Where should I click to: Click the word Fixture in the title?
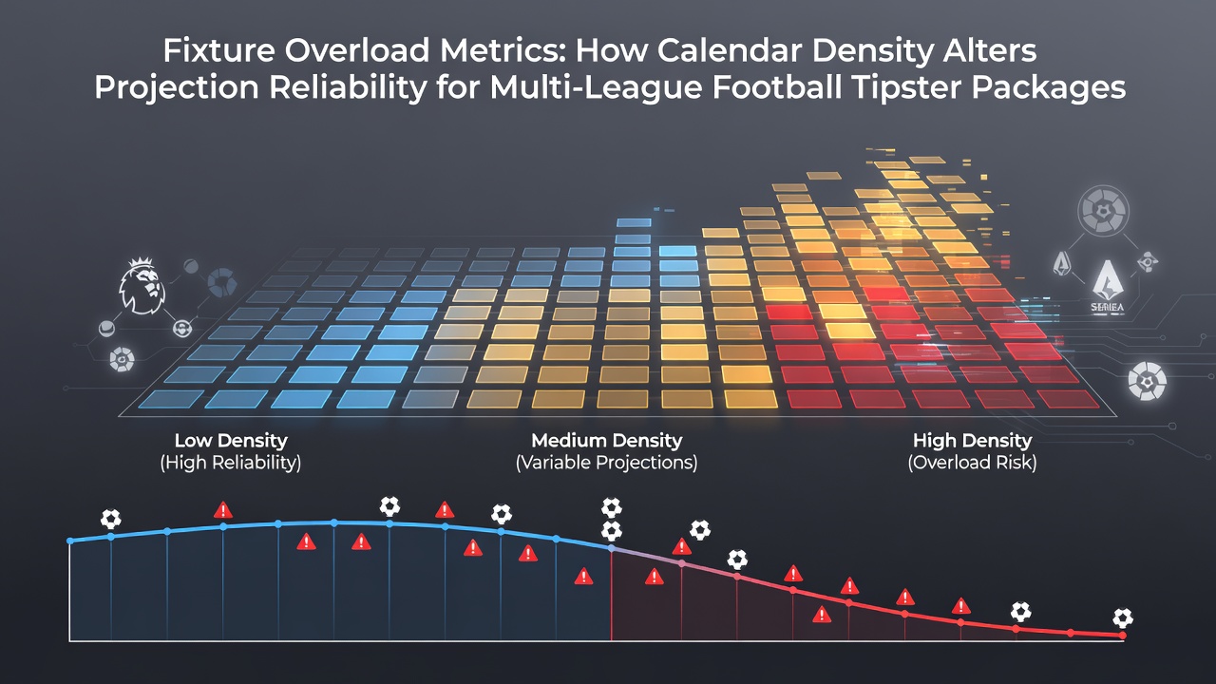(218, 50)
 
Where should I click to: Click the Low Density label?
(231, 440)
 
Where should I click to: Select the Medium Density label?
(606, 440)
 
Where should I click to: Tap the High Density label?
(972, 440)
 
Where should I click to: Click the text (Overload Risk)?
(972, 463)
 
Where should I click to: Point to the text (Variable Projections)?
(606, 463)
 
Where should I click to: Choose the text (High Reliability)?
(231, 463)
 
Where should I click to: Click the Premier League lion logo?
(142, 286)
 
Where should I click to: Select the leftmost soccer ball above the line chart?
(111, 519)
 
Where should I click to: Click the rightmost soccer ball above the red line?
(1123, 618)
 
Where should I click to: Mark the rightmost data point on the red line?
(1123, 636)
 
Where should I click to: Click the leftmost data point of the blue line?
(70, 541)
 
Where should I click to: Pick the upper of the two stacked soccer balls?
(611, 507)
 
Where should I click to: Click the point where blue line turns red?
(612, 549)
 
